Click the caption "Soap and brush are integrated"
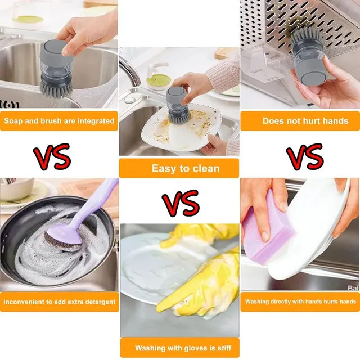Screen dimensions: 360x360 (59, 120)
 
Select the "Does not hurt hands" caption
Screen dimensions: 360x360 (305, 120)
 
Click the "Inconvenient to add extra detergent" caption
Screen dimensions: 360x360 (59, 302)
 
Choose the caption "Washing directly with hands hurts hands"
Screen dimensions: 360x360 (300, 302)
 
